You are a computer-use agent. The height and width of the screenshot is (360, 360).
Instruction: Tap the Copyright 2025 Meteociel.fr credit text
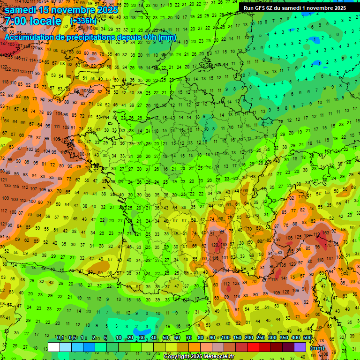click(199, 357)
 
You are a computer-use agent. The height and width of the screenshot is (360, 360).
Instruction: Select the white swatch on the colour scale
click(53, 347)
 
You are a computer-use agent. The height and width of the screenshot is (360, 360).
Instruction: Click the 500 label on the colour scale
click(307, 337)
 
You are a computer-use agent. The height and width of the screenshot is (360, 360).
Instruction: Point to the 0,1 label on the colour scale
click(60, 337)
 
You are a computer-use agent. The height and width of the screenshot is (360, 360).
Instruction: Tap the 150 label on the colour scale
click(237, 337)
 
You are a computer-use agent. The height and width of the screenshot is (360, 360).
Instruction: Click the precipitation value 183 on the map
click(225, 244)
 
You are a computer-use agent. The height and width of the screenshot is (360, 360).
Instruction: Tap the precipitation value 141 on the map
click(283, 277)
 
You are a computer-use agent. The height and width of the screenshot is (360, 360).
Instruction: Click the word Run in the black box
click(249, 8)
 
